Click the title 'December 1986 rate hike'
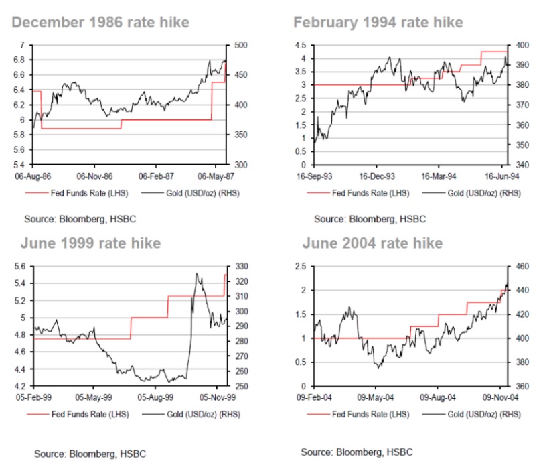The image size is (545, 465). (100, 23)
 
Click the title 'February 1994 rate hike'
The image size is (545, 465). (378, 23)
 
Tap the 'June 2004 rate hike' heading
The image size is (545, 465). (372, 243)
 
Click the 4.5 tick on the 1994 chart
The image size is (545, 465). (301, 45)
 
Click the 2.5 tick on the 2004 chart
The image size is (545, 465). (301, 267)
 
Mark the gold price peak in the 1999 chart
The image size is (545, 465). (196, 273)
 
